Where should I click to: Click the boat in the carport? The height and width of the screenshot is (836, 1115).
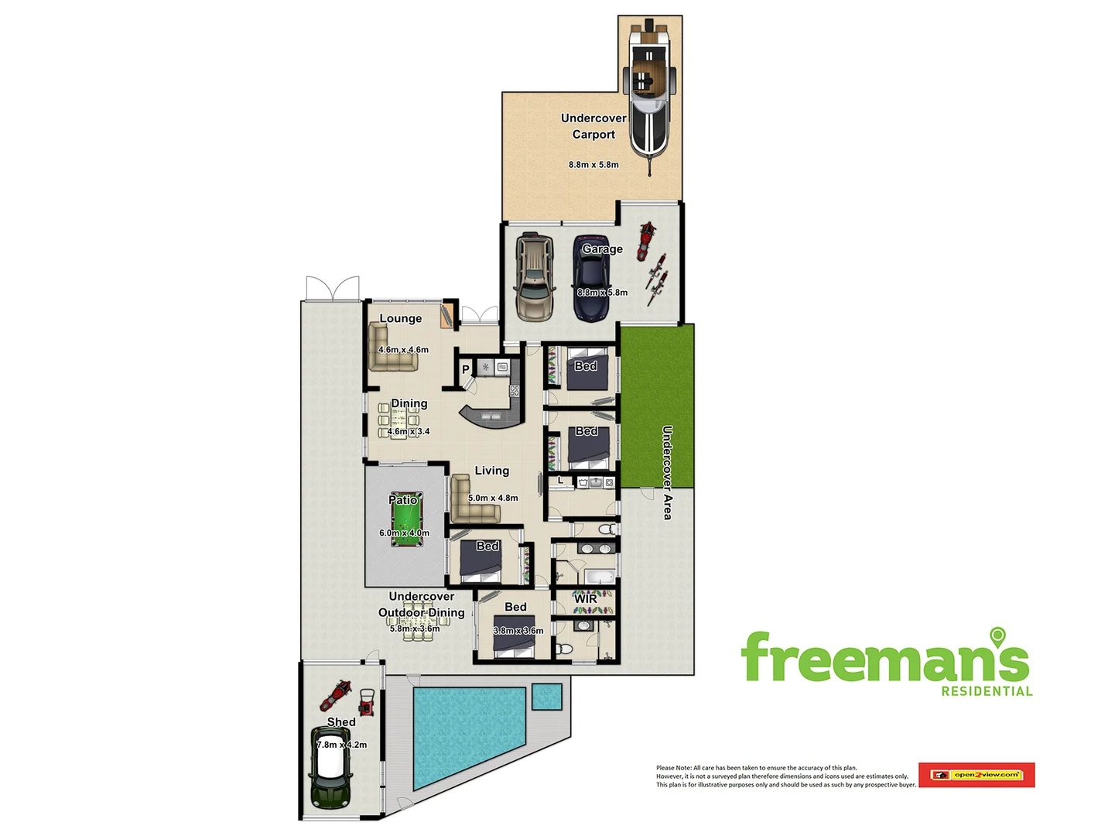click(648, 93)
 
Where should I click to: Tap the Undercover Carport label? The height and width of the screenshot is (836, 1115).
click(593, 126)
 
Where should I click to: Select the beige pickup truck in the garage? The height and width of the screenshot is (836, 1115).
click(534, 276)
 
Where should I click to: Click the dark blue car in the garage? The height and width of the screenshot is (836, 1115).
click(591, 279)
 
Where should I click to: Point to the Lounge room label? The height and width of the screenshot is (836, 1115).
click(400, 318)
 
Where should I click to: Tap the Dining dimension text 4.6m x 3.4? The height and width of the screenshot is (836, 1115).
click(409, 431)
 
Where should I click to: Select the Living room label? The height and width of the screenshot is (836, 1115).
click(491, 471)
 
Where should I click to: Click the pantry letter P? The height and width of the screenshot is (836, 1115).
click(466, 369)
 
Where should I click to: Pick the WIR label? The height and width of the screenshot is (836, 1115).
click(586, 598)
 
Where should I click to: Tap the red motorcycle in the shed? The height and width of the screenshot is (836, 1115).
click(336, 694)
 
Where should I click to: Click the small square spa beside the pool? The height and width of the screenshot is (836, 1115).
click(546, 697)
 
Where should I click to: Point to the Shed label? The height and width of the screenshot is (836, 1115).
click(341, 721)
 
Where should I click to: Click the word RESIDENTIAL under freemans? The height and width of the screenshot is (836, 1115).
click(987, 691)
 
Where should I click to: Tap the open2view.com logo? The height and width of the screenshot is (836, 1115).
click(976, 775)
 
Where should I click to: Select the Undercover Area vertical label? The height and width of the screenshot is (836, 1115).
click(667, 472)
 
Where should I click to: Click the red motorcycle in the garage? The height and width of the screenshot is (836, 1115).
click(645, 240)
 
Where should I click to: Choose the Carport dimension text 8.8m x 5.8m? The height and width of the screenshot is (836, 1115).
click(593, 165)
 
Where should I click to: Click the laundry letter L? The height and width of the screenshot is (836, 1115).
click(561, 481)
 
